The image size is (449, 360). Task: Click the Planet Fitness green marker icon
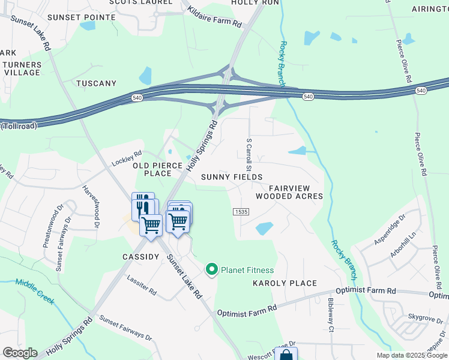click(x=211, y=270)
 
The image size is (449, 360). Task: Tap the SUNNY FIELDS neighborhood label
click(x=232, y=177)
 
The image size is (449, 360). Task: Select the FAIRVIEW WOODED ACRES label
click(x=289, y=192)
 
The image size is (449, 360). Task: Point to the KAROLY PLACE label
click(x=285, y=283)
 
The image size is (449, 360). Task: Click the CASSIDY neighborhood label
click(x=140, y=257)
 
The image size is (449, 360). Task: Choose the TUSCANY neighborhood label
click(x=96, y=83)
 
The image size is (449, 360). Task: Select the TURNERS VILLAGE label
click(x=22, y=68)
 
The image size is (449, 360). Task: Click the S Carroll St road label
click(x=247, y=153)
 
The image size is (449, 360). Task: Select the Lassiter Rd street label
click(x=142, y=285)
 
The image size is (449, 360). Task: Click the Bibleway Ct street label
click(x=330, y=316)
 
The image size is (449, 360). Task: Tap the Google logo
click(x=20, y=353)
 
